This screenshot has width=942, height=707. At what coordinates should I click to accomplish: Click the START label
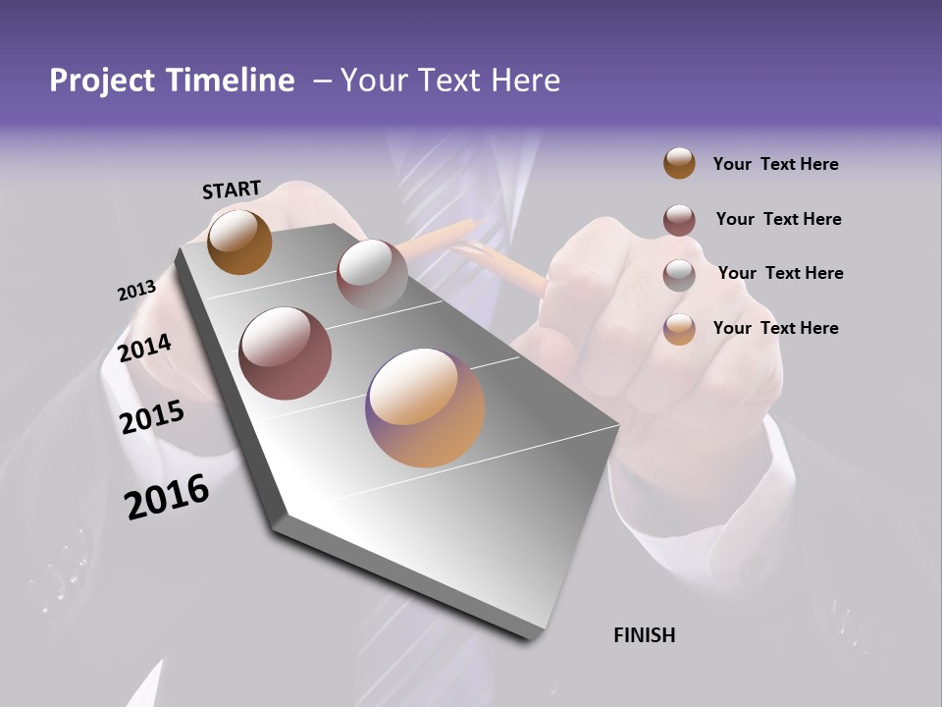click(232, 190)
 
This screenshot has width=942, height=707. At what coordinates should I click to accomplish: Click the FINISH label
click(644, 635)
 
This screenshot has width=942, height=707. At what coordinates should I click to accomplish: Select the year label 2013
click(136, 291)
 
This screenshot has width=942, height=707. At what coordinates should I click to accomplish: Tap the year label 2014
click(145, 349)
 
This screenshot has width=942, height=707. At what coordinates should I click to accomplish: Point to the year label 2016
click(167, 497)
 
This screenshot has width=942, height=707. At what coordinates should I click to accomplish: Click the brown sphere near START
click(239, 242)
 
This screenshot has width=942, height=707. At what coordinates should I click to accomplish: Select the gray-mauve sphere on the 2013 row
click(372, 274)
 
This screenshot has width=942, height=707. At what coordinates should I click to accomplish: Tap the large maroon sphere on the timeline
click(286, 353)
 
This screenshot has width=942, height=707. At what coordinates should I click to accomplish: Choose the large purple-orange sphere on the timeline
click(425, 407)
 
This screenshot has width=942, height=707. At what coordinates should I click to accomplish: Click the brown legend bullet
click(679, 163)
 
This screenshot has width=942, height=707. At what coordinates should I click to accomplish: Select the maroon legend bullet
click(679, 220)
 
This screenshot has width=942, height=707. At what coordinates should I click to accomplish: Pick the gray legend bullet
click(679, 275)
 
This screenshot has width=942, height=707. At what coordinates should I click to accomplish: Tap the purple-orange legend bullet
click(679, 329)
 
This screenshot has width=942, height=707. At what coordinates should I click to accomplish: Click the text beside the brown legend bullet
click(775, 164)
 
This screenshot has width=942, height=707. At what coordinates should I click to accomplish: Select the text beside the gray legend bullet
click(780, 273)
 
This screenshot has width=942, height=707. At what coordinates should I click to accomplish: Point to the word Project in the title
click(102, 81)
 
